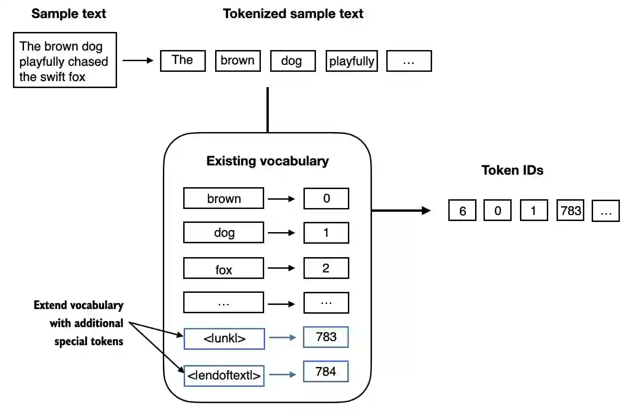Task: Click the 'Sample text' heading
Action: point(68,14)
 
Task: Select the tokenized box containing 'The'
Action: point(183,61)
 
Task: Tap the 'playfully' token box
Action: point(352,61)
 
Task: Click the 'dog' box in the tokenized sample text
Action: point(292,61)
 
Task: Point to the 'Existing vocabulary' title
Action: point(267,161)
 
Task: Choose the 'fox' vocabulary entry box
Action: point(223,269)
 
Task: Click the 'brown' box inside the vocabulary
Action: point(223,198)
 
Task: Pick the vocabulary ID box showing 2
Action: point(326,268)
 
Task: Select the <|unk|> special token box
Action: point(224,339)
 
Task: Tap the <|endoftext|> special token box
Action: point(224,375)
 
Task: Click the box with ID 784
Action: point(326,372)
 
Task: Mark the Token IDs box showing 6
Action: point(462,211)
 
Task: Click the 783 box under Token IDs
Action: point(570,211)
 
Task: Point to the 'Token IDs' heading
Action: point(512,171)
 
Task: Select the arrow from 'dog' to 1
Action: point(281,233)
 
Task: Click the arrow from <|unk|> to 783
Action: point(282,338)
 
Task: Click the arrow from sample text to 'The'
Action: point(138,60)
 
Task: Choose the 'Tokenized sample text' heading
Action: point(293,14)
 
